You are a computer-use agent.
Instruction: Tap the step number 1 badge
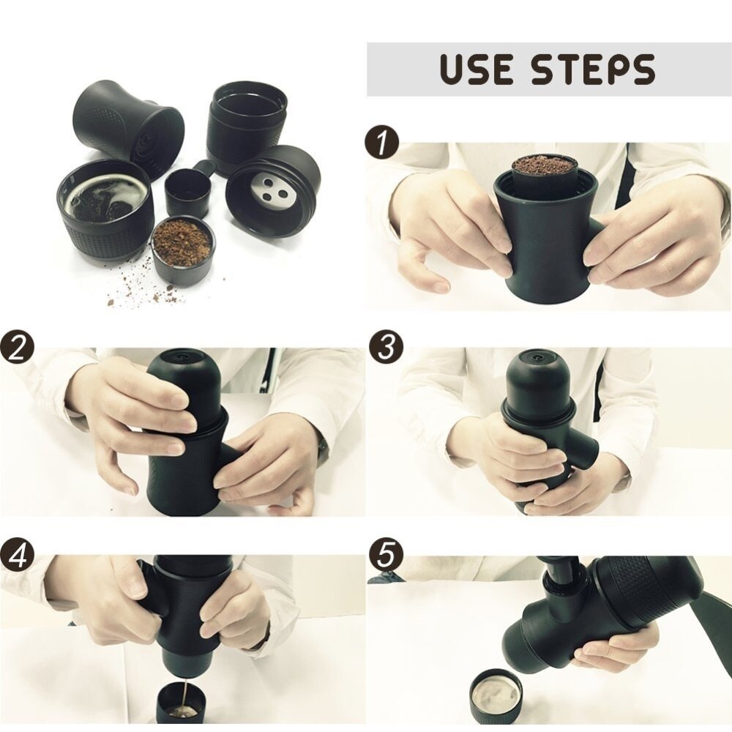point(382,143)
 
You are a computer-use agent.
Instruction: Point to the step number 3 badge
point(386,347)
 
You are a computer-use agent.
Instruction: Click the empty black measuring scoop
point(189,191)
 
